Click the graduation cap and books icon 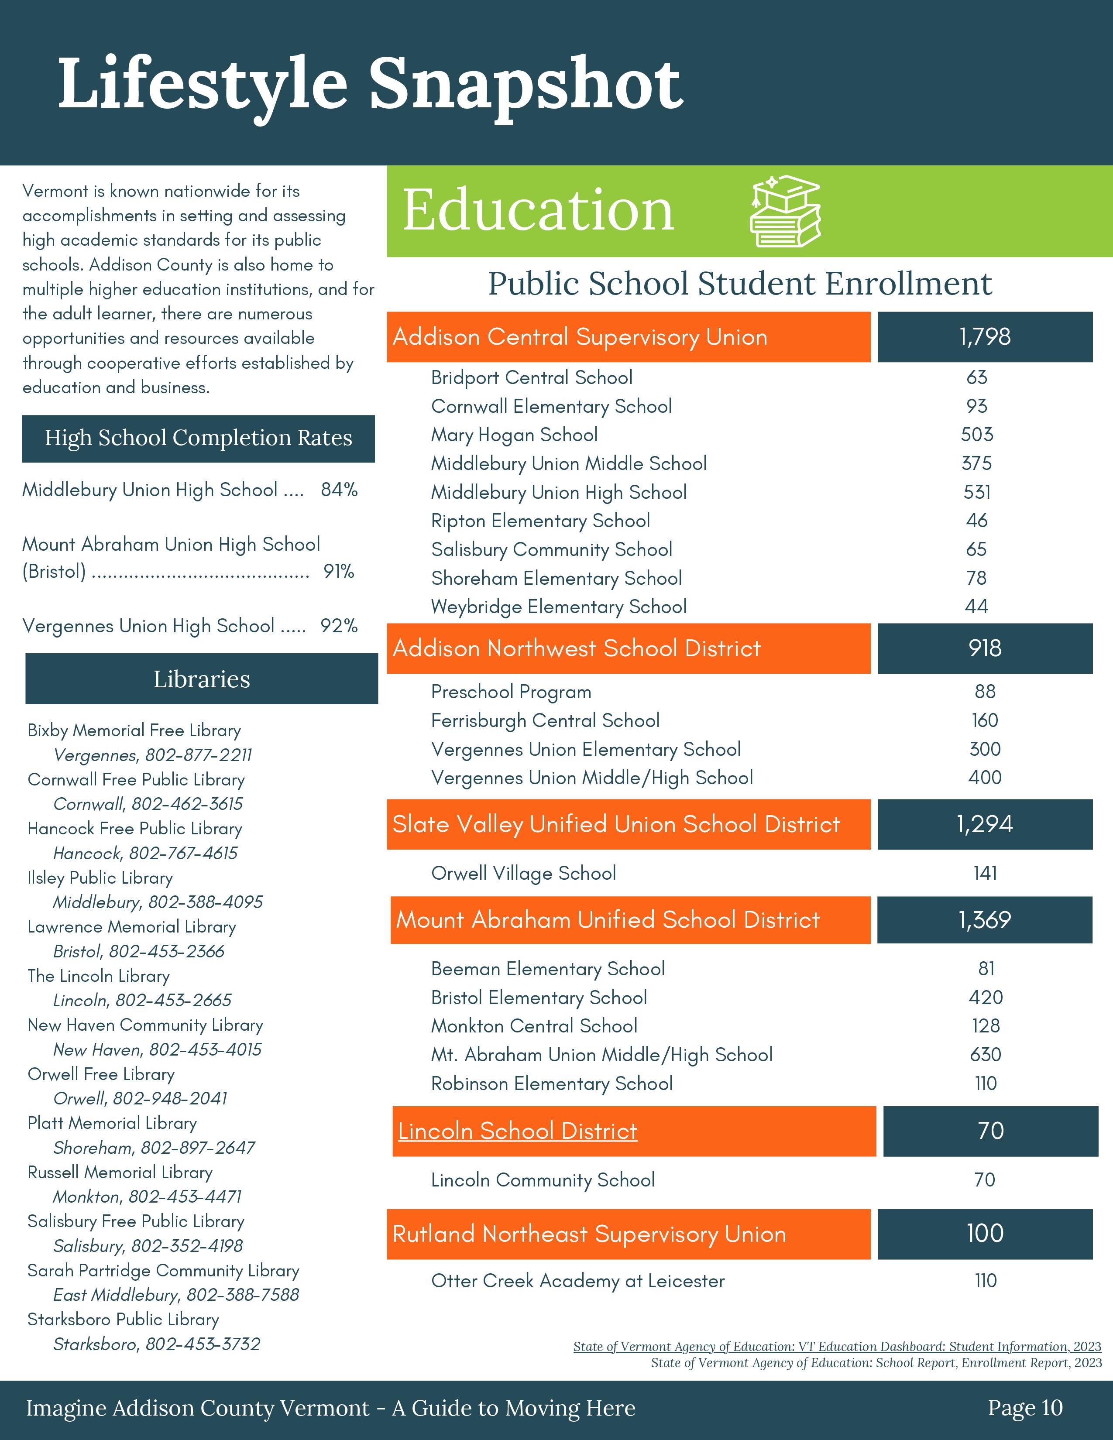coord(785,211)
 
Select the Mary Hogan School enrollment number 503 coord(976,435)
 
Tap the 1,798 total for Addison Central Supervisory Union coord(984,337)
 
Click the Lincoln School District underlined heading coord(518,1131)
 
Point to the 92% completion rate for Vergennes coord(339,626)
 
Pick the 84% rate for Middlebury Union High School coord(339,490)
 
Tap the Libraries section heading coord(202,679)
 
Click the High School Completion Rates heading coord(199,438)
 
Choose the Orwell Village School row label coord(523,873)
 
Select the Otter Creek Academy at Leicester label coord(577,1281)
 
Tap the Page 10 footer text coord(1025,1408)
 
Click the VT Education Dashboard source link coord(837,1346)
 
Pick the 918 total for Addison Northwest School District coord(984,648)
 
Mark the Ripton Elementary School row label coord(540,521)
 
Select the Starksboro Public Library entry coord(123,1319)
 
